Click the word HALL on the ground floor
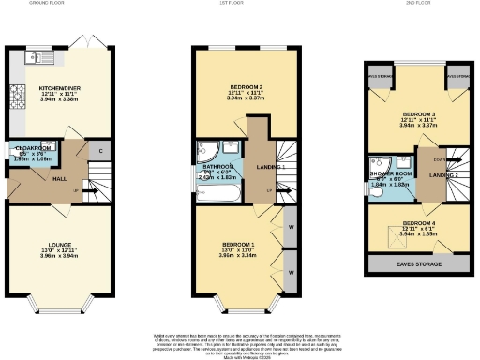coord(32,177)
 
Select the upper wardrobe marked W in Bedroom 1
coord(291,228)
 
